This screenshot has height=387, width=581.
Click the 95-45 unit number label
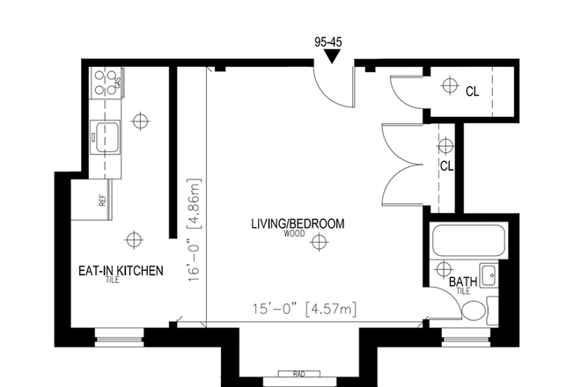click(331, 40)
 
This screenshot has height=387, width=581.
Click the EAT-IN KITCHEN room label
click(120, 271)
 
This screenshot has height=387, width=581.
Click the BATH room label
click(463, 281)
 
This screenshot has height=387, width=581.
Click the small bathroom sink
click(488, 274)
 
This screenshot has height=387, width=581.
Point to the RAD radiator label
click(298, 374)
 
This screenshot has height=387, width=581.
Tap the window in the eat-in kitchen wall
click(119, 333)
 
